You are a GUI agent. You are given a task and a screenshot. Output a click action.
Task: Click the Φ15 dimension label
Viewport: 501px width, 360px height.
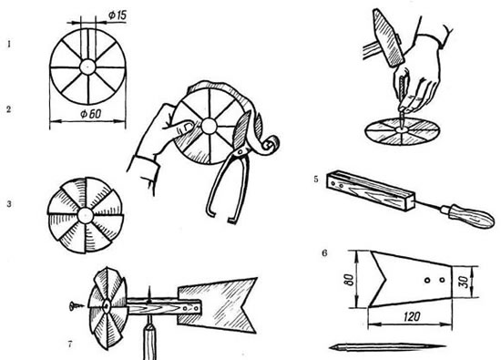pyautogui.click(x=118, y=15)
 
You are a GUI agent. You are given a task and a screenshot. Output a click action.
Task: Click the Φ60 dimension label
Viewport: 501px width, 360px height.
pyautogui.click(x=90, y=114)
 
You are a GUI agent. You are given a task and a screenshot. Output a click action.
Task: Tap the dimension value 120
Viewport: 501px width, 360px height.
pyautogui.click(x=412, y=316)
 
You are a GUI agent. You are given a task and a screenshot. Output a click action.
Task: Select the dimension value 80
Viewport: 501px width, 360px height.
pyautogui.click(x=350, y=280)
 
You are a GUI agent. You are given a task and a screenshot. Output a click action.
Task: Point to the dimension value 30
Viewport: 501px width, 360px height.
pyautogui.click(x=465, y=282)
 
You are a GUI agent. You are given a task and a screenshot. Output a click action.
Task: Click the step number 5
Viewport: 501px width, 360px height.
pyautogui.click(x=316, y=179)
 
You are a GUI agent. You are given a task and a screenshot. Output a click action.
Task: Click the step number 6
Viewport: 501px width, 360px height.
pyautogui.click(x=324, y=253)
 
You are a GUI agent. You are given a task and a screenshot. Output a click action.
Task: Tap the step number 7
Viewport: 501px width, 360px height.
pyautogui.click(x=70, y=345)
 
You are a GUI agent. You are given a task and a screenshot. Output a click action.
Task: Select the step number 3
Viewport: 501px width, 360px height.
pyautogui.click(x=9, y=204)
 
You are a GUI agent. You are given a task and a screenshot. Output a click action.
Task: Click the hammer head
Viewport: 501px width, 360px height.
pyautogui.click(x=387, y=37)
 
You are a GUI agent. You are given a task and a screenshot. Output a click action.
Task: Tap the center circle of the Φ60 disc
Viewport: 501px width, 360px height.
pyautogui.click(x=87, y=67)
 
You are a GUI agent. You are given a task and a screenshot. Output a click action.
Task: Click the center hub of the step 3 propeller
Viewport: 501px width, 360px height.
pyautogui.click(x=86, y=215)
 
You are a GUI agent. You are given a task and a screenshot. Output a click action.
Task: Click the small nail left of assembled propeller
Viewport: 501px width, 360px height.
pyautogui.click(x=75, y=306)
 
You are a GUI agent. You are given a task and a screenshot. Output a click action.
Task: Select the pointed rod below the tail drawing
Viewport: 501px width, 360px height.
pyautogui.click(x=387, y=347)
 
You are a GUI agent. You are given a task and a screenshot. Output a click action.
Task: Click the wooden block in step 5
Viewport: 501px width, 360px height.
pyautogui.click(x=370, y=191)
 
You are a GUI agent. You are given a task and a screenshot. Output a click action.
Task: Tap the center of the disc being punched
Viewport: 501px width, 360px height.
pyautogui.click(x=401, y=129)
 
